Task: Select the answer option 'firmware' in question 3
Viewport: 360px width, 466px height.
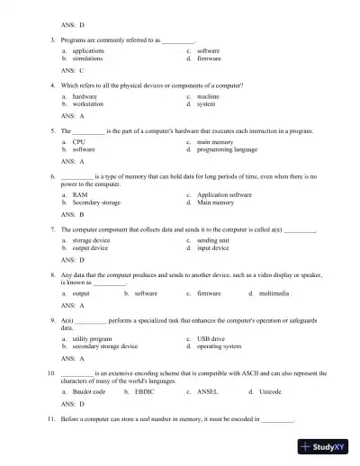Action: tap(208, 58)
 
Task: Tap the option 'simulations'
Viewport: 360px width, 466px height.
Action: tap(87, 58)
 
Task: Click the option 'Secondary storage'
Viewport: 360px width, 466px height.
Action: tap(96, 202)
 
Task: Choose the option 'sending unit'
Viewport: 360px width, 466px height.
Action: tap(212, 240)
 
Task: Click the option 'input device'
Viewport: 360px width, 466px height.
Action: tap(212, 247)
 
